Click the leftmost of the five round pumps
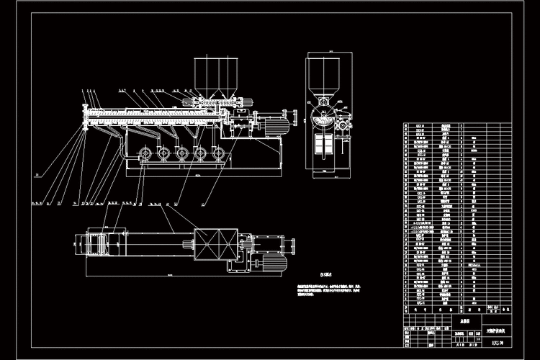144,154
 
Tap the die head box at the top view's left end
98,242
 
